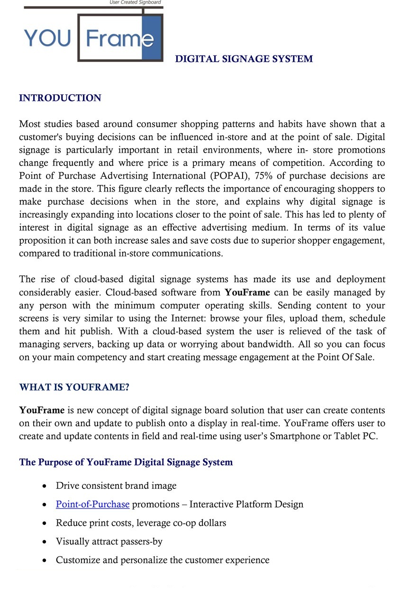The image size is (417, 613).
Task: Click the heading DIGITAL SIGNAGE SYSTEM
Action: coord(244,59)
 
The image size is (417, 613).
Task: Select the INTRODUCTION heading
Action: coord(60,98)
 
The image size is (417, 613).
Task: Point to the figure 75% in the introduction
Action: coord(263,176)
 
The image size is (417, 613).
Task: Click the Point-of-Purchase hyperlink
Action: coord(92,504)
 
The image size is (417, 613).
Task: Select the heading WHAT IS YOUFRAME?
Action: coord(74,387)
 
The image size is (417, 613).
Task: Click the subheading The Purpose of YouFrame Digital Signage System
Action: coord(126,462)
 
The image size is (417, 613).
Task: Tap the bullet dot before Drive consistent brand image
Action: coord(45,486)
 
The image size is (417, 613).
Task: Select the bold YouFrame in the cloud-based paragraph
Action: coord(247,293)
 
